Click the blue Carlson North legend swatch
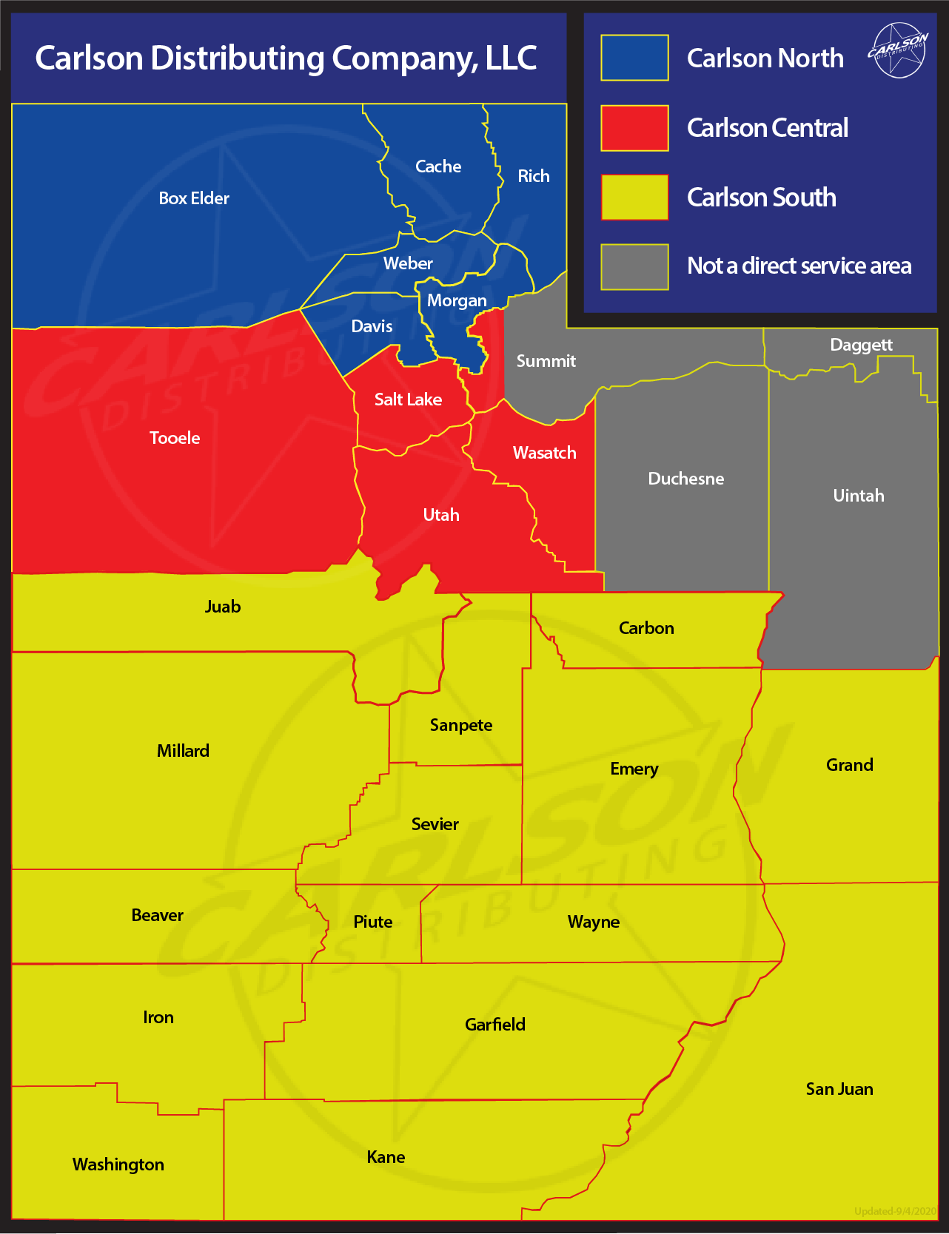[x=634, y=58]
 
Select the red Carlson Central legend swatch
[x=634, y=128]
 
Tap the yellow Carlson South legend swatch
[x=634, y=198]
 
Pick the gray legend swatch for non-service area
[x=634, y=267]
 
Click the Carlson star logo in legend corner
[x=898, y=50]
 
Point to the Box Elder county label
[x=194, y=198]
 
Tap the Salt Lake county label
[x=408, y=399]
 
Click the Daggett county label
[x=861, y=345]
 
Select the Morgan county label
[x=457, y=300]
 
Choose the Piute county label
[x=373, y=922]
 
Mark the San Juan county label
[x=839, y=1089]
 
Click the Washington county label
[x=118, y=1164]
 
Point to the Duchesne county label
[x=686, y=479]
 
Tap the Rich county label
[x=534, y=176]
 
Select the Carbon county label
[x=646, y=628]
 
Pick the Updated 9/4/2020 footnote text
[x=895, y=1211]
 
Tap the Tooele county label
[x=175, y=438]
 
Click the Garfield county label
[x=495, y=1025]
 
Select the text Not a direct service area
[x=799, y=266]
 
